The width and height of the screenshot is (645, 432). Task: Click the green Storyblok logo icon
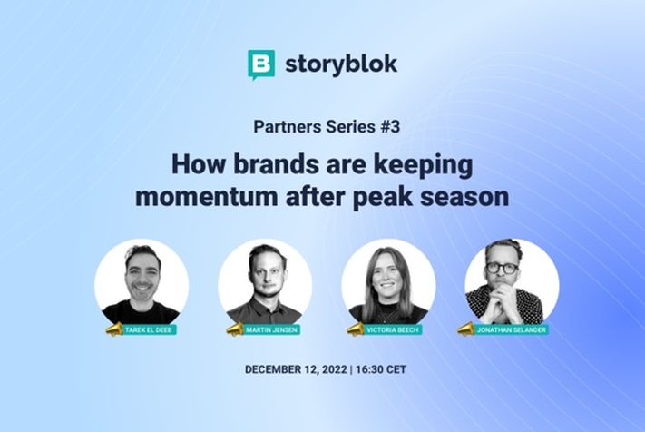(x=261, y=65)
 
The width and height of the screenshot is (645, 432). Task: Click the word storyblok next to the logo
(x=340, y=65)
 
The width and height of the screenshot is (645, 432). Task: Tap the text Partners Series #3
(x=322, y=127)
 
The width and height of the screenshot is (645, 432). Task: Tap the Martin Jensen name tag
(x=273, y=329)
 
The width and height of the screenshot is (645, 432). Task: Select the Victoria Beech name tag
(x=396, y=329)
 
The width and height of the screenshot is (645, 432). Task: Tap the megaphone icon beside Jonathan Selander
(x=465, y=328)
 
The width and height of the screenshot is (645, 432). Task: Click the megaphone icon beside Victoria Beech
(x=363, y=328)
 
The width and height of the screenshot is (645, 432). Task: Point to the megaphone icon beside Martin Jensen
(x=238, y=328)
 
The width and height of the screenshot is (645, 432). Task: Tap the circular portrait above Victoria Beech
(x=388, y=281)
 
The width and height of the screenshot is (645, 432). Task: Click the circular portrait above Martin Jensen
(x=265, y=281)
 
